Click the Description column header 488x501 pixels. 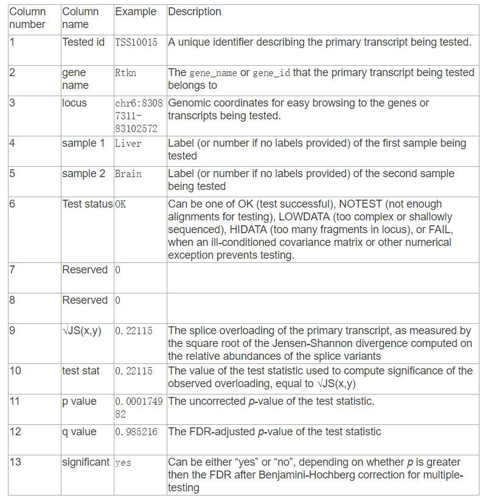(x=195, y=12)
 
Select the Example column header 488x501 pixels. (x=135, y=12)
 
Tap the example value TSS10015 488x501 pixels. (x=136, y=42)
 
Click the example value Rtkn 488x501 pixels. (x=125, y=72)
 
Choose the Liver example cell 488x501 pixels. (x=128, y=143)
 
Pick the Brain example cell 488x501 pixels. (x=128, y=173)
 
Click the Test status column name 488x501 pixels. (x=87, y=204)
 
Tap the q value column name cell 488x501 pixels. (x=79, y=432)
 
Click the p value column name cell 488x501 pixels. (x=79, y=401)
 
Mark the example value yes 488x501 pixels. (x=123, y=462)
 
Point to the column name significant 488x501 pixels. (x=86, y=462)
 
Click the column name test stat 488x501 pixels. (x=81, y=371)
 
